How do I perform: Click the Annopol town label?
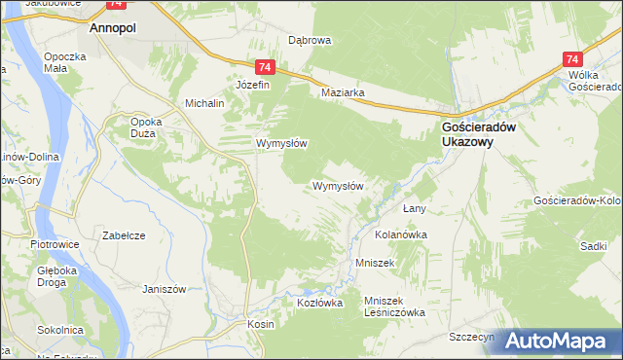[112, 29]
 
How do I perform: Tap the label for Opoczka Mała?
[66, 62]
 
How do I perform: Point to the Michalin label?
[205, 102]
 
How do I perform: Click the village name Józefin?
[251, 85]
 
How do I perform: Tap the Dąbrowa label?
[311, 41]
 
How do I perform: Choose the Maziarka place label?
[343, 93]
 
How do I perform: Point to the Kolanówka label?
[401, 234]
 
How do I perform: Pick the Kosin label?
[260, 324]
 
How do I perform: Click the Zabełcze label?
[124, 234]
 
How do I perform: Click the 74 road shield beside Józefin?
[266, 67]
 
